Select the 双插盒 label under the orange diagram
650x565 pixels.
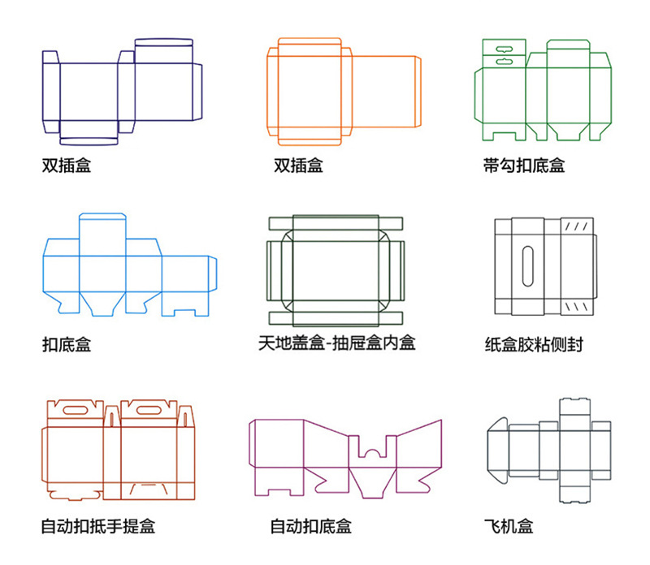[298, 166]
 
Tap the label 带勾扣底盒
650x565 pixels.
[523, 166]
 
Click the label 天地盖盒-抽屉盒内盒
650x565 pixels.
[336, 343]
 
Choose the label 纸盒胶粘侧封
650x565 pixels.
[533, 344]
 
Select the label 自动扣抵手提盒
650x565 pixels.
[97, 526]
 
